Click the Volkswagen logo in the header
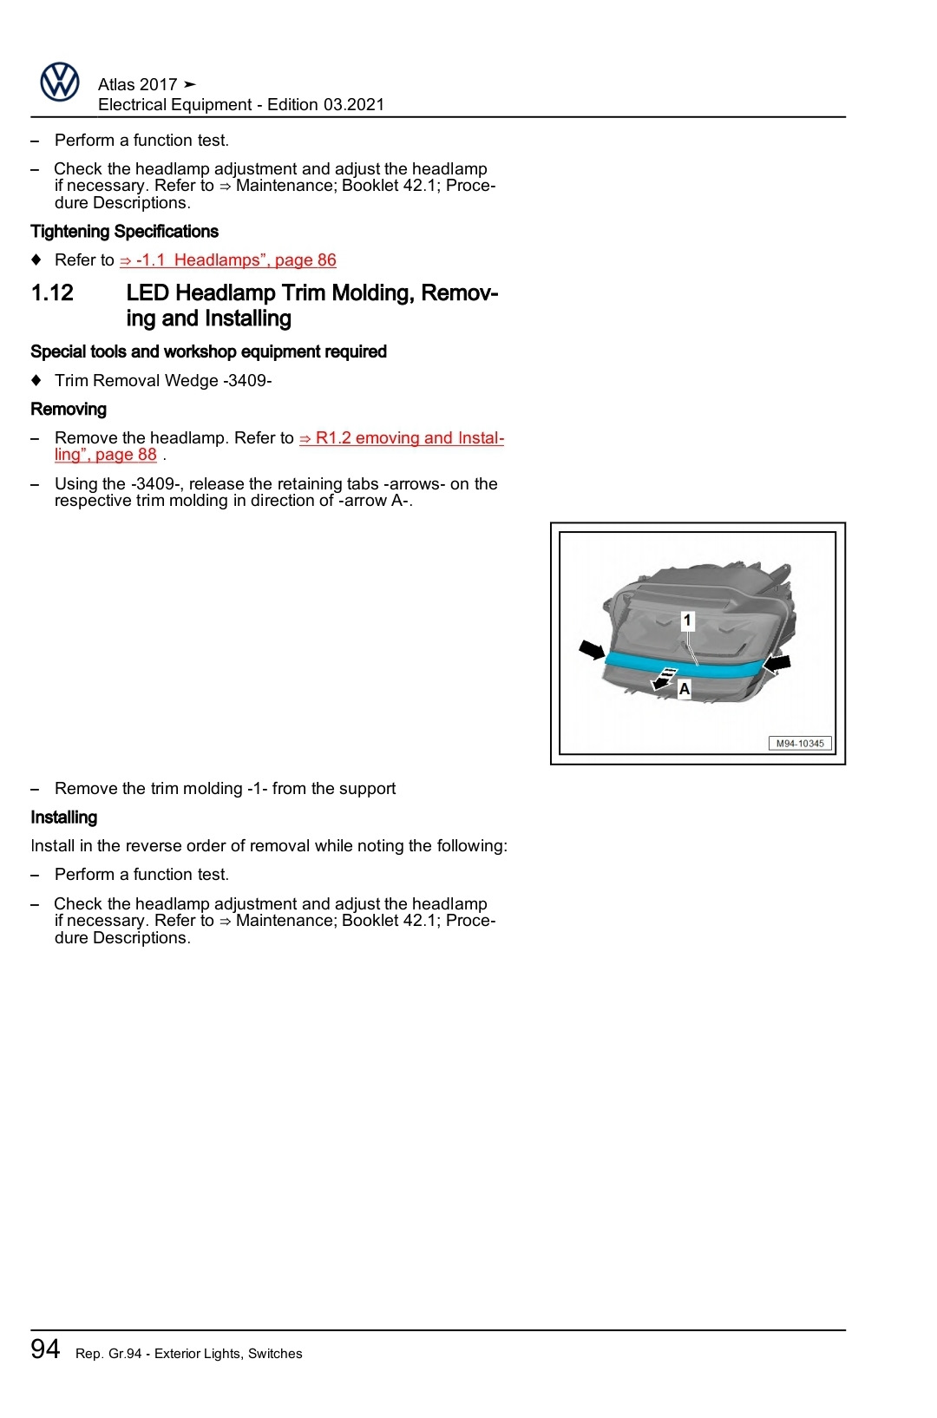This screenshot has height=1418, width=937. point(60,82)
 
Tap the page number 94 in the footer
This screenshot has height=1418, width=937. point(45,1349)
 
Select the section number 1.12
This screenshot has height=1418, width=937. point(52,293)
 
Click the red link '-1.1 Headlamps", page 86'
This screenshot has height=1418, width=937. point(227,260)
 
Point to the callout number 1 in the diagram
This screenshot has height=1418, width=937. point(687,620)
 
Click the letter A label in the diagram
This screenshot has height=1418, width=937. point(685,689)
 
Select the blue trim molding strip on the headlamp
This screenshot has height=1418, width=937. point(685,668)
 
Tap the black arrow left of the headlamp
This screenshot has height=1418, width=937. point(593,650)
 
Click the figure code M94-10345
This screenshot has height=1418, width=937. point(800,744)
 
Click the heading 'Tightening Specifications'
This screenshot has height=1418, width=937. point(124,232)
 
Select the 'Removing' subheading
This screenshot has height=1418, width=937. point(69,410)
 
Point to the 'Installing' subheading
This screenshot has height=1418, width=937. point(63,817)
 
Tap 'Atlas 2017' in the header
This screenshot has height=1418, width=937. point(137,84)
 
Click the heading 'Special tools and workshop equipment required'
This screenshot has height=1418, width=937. point(208,351)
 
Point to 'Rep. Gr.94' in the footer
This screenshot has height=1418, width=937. point(108,1354)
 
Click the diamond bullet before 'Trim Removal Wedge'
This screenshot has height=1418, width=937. point(36,380)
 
